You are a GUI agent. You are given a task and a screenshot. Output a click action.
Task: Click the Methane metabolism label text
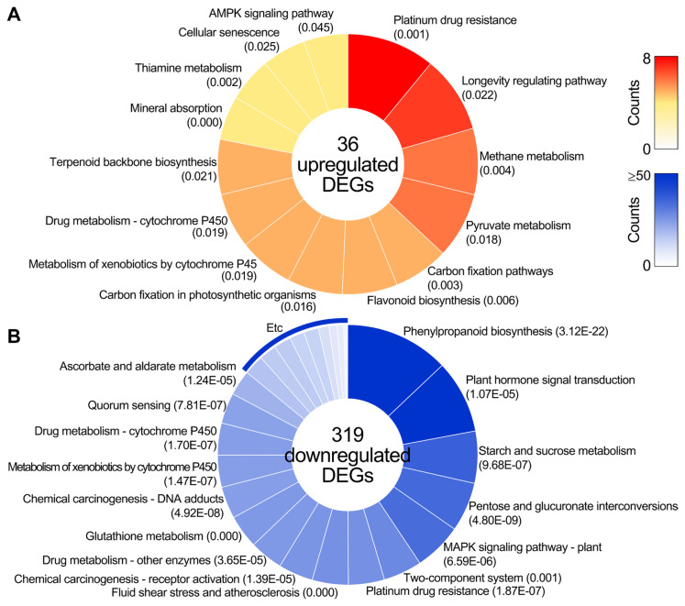[531, 157]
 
